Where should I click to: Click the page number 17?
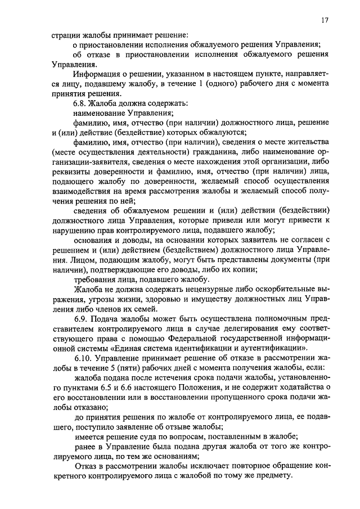(324, 20)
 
